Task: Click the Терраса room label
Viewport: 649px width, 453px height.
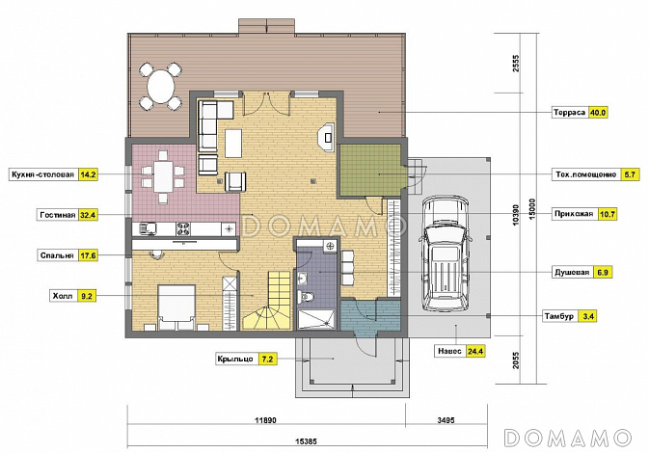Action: click(x=570, y=113)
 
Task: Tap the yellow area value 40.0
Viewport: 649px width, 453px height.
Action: click(x=597, y=113)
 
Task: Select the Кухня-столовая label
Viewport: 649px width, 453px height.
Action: click(x=43, y=174)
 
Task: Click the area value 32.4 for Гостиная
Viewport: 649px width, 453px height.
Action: click(x=88, y=215)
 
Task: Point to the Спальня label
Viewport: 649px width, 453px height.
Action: click(x=57, y=255)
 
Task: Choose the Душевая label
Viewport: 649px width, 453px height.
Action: click(x=572, y=273)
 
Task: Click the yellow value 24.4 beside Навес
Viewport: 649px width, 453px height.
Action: click(x=475, y=351)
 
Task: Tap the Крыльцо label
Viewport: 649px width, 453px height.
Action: click(x=235, y=359)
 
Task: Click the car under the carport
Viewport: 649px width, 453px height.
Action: click(x=446, y=253)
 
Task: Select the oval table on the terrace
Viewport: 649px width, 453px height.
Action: click(x=161, y=87)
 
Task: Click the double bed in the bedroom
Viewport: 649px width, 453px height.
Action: click(x=176, y=307)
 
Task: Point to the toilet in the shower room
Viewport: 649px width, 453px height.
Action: click(x=307, y=296)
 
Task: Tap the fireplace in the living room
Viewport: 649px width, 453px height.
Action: click(x=326, y=137)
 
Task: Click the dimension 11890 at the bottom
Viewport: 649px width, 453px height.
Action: click(x=265, y=420)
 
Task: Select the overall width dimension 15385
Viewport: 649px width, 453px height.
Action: click(x=307, y=441)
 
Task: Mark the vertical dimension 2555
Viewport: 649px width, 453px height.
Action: click(x=516, y=64)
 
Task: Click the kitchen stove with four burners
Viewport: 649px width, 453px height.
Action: click(x=184, y=228)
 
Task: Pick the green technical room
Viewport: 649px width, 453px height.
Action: click(x=370, y=170)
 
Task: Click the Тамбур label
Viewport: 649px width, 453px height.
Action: click(x=558, y=316)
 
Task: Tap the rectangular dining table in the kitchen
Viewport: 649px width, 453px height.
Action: click(x=163, y=176)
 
